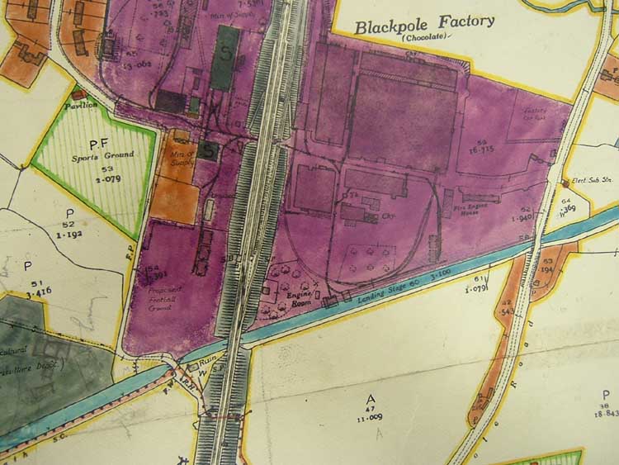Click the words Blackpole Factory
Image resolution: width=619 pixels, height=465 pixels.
coord(425,24)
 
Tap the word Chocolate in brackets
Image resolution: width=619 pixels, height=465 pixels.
coord(426,38)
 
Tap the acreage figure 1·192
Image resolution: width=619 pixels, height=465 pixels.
coord(69,235)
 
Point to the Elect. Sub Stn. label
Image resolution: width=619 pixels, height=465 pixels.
coord(583,183)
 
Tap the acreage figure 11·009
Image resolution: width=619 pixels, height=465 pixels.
coord(369,419)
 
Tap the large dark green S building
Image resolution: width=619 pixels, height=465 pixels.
coord(226,57)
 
